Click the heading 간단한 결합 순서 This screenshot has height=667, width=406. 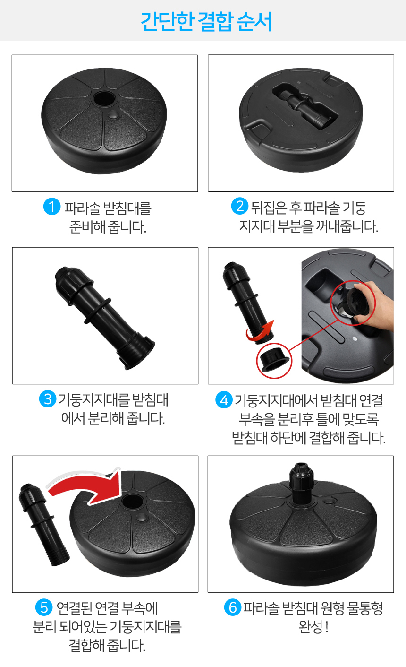coord(206,22)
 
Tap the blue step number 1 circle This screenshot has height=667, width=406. coord(52,206)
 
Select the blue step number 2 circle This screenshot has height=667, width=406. coord(240,206)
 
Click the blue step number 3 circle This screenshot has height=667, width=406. coord(48,399)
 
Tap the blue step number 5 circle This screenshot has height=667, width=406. coord(44,607)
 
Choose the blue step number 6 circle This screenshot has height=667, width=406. coord(233,607)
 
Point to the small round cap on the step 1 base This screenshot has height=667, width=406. coord(113,115)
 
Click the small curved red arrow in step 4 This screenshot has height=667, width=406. coord(260,331)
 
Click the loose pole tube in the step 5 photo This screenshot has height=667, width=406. coord(44,525)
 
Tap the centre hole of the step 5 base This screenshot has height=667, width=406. coord(133,502)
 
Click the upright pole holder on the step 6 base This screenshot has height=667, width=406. coord(301,484)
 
